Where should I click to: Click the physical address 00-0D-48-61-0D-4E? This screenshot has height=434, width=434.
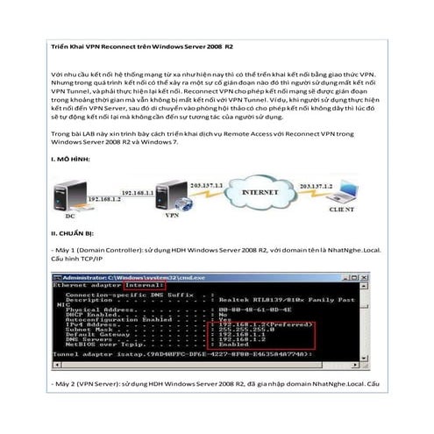point(249,309)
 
